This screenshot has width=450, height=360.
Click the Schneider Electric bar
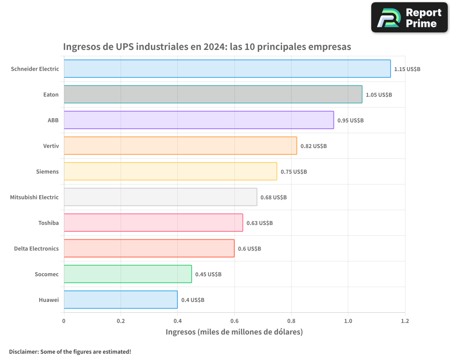(227, 69)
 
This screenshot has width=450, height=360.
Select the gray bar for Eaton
(213, 94)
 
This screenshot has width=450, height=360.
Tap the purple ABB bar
(198, 120)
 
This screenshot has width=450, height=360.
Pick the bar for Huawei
(121, 300)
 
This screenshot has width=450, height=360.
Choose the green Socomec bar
(128, 274)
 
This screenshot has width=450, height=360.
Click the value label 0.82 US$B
(314, 146)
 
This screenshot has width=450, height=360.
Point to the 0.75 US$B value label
(294, 172)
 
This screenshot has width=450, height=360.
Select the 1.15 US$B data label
(407, 69)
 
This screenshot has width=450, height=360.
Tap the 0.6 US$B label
(249, 249)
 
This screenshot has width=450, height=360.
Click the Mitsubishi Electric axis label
(34, 197)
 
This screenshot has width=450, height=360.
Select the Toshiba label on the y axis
(49, 223)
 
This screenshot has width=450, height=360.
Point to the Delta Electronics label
(36, 248)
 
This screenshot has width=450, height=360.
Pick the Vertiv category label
(50, 146)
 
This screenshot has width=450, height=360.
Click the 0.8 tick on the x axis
(291, 321)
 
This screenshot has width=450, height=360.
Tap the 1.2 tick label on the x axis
(405, 321)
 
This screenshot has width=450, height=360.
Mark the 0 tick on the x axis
(64, 321)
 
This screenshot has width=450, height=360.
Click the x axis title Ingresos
(234, 332)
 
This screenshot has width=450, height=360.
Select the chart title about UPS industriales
(207, 47)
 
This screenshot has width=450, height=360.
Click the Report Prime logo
(409, 18)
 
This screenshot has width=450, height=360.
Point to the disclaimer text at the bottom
(70, 351)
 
